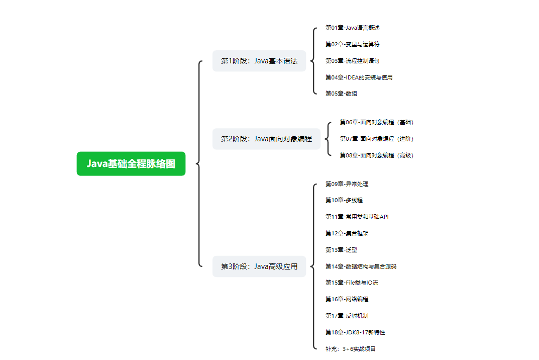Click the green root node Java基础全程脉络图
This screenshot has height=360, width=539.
[131, 163]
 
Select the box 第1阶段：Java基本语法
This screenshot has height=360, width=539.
[259, 61]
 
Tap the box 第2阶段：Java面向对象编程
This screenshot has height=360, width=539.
[266, 139]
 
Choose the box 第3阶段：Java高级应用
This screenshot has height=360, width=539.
[259, 266]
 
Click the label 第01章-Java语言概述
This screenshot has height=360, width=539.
[349, 28]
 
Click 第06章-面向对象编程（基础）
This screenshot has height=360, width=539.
[377, 122]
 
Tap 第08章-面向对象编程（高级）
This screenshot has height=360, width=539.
[377, 155]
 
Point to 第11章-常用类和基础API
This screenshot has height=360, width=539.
[357, 217]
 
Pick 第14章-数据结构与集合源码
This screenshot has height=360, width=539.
[361, 266]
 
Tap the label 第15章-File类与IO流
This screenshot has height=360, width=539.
[352, 283]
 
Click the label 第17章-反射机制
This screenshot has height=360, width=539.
[347, 316]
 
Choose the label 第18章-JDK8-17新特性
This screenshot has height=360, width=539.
[355, 332]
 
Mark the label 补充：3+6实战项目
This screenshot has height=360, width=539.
[350, 348]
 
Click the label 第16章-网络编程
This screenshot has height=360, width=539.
[347, 299]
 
